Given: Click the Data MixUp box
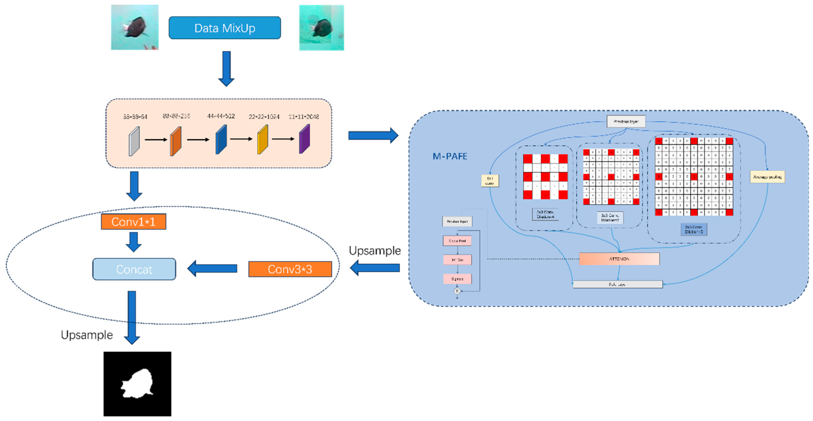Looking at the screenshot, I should click(x=224, y=28).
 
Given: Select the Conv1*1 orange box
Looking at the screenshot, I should click(x=133, y=222).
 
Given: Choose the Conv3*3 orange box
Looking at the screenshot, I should click(x=290, y=269).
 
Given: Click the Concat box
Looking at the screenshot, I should click(x=134, y=269).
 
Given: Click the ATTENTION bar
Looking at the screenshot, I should click(x=619, y=259).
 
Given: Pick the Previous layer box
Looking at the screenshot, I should click(x=626, y=121).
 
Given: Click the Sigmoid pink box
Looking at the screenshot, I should click(x=457, y=279).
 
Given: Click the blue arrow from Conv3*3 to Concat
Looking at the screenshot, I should click(x=212, y=268).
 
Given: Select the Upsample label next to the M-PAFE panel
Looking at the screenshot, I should click(x=375, y=251).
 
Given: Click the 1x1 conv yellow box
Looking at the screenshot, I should click(x=490, y=181).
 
